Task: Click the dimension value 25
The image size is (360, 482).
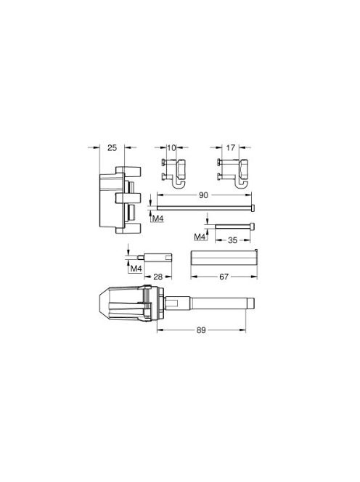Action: (x=112, y=148)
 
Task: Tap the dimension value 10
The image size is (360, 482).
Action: (x=171, y=148)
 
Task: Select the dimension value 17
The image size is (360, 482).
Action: (x=231, y=148)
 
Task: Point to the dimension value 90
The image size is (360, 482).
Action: (x=203, y=195)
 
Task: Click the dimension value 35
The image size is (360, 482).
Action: (x=233, y=240)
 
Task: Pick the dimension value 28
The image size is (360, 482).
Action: (x=157, y=277)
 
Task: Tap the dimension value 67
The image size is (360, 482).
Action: (x=224, y=277)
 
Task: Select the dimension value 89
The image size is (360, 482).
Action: (x=201, y=330)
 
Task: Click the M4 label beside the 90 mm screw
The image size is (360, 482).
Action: (x=158, y=219)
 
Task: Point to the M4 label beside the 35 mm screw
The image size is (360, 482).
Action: (x=200, y=237)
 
